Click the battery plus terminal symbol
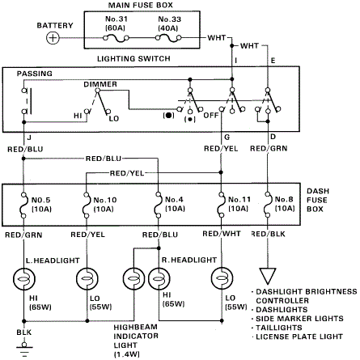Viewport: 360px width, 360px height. pos(53,38)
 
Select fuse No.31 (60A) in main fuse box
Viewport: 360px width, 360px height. pos(116,39)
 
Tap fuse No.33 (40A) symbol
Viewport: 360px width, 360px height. pos(168,39)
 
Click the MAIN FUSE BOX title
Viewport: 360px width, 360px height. pos(141,5)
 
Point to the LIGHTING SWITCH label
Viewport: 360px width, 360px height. pos(133,58)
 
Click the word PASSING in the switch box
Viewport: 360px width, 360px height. pos(35,74)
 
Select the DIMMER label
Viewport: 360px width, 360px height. pos(100,84)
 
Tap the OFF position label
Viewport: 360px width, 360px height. pos(210,116)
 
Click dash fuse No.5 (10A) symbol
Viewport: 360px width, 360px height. pos(23,205)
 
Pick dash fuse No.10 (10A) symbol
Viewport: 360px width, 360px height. pos(87,205)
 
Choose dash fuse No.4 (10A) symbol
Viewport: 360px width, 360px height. pos(159,205)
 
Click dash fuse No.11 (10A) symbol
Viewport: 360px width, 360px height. pos(222,205)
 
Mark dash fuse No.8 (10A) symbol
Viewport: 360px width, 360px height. pos(268,205)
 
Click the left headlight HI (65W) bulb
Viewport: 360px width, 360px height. pos(24,279)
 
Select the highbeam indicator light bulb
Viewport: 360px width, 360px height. pos(134,279)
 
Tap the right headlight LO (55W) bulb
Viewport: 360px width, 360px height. pos(222,278)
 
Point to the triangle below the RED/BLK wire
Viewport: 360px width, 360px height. pos(268,276)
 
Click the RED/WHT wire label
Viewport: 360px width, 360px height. pos(222,234)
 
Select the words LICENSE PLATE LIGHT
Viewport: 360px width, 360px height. pos(299,337)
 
